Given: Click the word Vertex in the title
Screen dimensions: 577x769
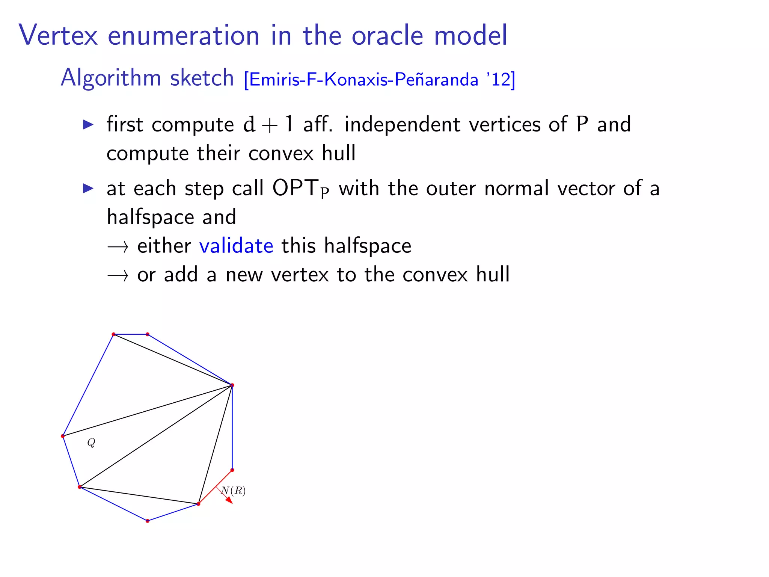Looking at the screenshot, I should (58, 35).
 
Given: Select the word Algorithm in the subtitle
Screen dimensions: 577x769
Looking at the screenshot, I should (110, 78).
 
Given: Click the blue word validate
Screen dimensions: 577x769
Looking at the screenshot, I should (236, 246).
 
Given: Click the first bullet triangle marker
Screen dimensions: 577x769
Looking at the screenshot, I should (88, 124).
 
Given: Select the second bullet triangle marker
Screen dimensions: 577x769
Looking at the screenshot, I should (88, 188).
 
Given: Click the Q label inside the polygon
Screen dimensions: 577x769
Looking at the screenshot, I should (91, 443).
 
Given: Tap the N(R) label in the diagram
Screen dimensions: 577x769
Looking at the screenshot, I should (234, 491).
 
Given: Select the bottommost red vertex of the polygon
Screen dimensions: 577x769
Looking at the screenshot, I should (148, 521).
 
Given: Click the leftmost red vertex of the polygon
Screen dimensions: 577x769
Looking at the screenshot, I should (63, 436).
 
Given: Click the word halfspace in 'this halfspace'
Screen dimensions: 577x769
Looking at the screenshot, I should (367, 246).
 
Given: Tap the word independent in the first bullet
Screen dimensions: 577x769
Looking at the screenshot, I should (402, 124).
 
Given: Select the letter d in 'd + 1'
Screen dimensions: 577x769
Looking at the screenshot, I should (249, 124).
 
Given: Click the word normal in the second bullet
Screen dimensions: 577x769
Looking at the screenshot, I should (516, 188).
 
